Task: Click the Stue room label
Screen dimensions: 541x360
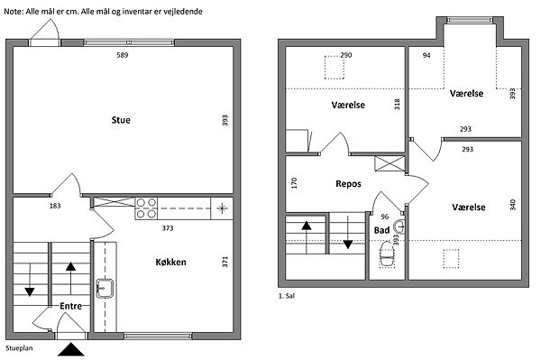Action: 121,120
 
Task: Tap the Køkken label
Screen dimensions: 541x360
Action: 170,263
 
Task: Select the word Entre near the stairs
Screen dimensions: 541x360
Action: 70,306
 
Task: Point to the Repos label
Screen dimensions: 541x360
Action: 348,184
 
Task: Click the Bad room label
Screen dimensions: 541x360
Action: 382,230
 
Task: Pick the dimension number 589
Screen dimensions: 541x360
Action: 123,55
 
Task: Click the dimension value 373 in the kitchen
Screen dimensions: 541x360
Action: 168,228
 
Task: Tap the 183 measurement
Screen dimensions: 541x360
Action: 55,206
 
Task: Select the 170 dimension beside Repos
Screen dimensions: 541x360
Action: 294,183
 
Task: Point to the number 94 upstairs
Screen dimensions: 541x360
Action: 426,55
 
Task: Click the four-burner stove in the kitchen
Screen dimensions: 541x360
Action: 146,208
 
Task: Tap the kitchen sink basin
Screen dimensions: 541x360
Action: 105,289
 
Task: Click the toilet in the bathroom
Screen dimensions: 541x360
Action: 387,254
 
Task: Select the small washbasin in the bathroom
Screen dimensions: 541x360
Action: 399,227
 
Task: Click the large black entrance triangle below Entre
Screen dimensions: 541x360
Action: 71,349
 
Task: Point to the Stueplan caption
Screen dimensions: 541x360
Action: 19,348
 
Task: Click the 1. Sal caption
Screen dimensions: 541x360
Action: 287,296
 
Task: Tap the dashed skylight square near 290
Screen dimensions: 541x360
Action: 335,68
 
